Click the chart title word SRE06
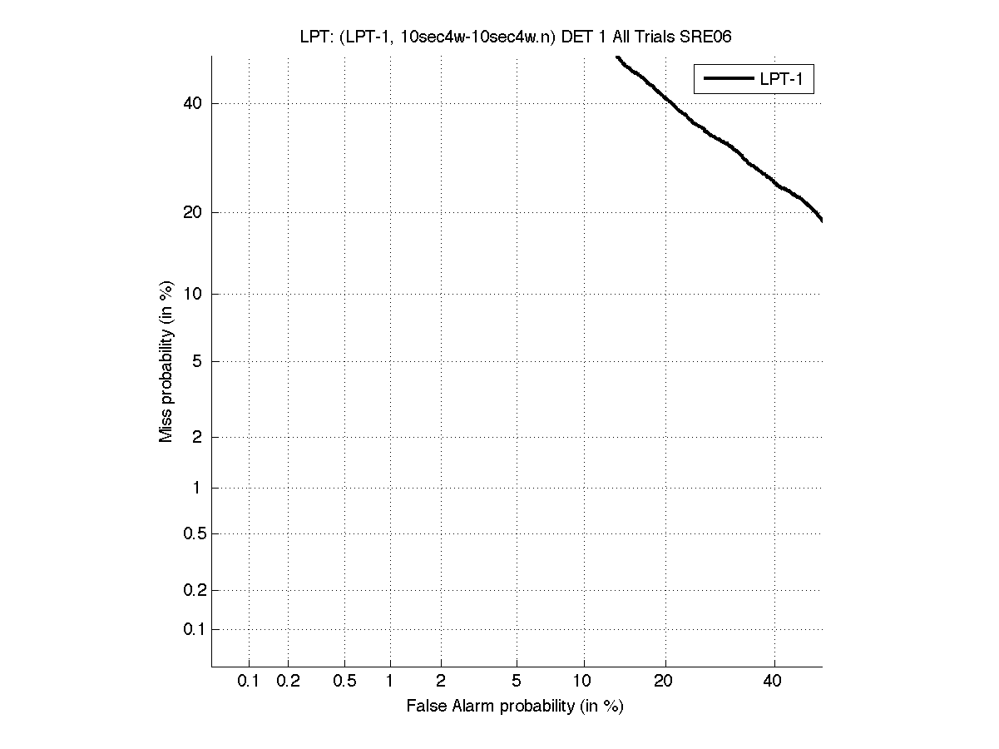click(705, 37)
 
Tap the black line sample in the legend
click(727, 79)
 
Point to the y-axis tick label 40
click(192, 103)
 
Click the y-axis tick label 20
click(192, 212)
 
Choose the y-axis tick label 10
click(192, 294)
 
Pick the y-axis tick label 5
click(196, 361)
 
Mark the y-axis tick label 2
click(196, 437)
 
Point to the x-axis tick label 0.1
click(249, 682)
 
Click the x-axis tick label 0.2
click(288, 682)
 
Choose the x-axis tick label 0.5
click(344, 682)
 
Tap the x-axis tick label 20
click(663, 682)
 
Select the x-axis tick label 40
click(773, 682)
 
